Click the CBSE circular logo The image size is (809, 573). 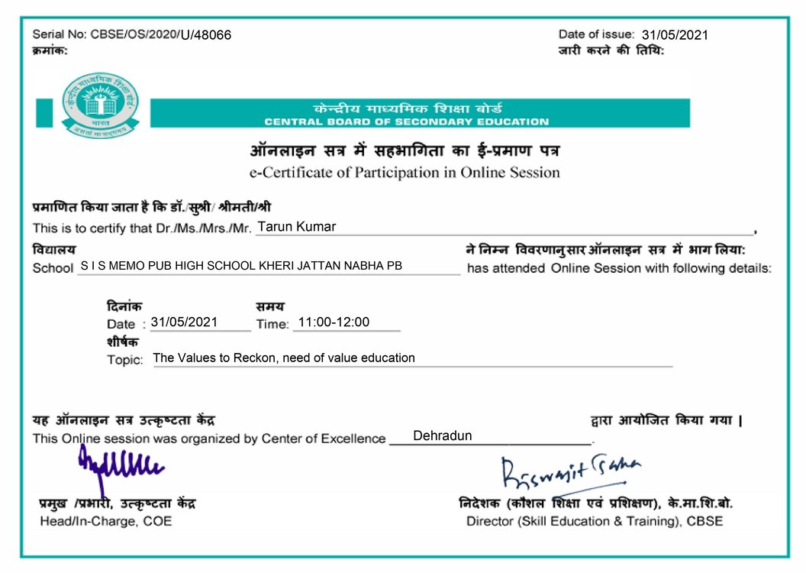pos(101,105)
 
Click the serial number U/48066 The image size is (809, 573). pos(205,35)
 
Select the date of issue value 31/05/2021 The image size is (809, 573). pos(675,35)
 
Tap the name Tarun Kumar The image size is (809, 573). pos(297,227)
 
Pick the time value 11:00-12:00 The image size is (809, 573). pos(334,322)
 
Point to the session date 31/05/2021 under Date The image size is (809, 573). pos(184,322)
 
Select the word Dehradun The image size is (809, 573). pos(442,436)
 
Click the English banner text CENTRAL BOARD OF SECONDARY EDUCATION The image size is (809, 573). pos(406,121)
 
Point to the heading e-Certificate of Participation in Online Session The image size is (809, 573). pos(404,173)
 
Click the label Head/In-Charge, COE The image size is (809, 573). pos(105,521)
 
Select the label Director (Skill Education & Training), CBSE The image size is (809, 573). pos(594,521)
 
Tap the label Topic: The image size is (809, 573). pos(124,360)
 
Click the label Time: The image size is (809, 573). pos(272,325)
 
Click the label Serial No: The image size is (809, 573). pos(60,34)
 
